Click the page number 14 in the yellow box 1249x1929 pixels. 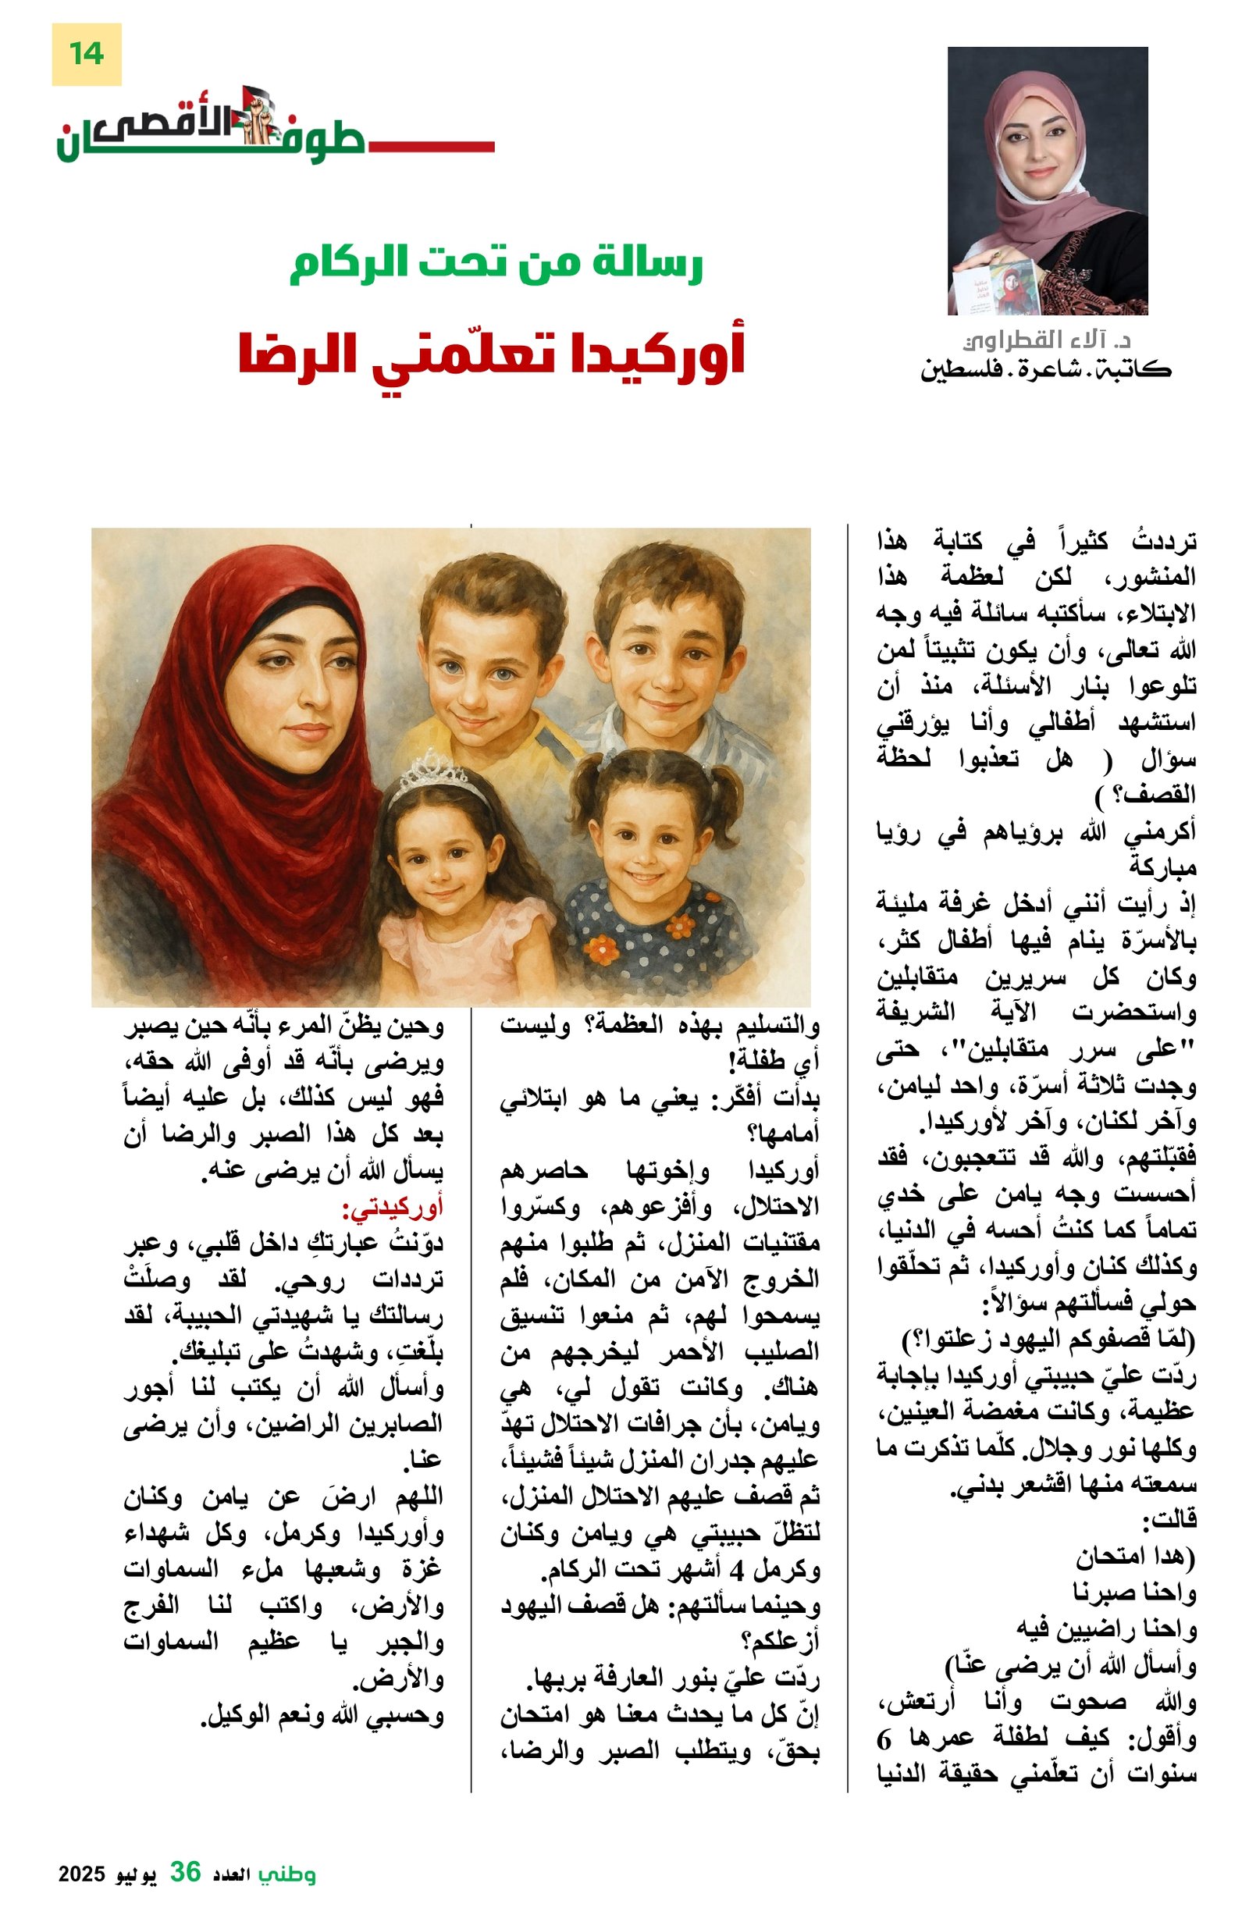coord(86,54)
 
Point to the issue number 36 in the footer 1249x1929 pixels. coord(185,1871)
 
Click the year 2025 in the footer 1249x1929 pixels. coord(82,1874)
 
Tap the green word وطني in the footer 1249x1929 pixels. coord(287,1873)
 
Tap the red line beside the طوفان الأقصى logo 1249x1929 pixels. coord(429,147)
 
